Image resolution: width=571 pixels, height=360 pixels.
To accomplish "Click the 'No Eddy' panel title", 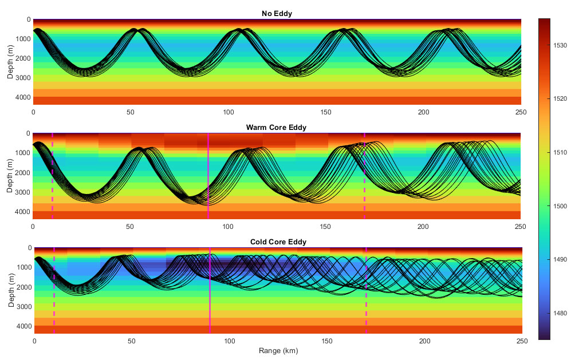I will tap(277, 13).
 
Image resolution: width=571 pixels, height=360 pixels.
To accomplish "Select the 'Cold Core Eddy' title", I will tap(278, 242).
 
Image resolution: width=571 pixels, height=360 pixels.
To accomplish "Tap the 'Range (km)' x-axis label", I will tap(278, 350).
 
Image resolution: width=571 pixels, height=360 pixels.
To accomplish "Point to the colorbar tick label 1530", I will tap(560, 45).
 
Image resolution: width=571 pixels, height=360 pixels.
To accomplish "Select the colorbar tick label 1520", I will tap(560, 99).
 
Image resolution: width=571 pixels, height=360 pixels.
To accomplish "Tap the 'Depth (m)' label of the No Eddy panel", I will tap(10, 62).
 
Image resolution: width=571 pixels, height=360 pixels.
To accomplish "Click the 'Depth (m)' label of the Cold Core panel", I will tap(11, 291).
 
